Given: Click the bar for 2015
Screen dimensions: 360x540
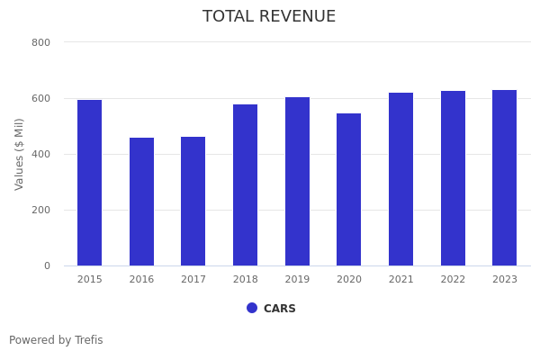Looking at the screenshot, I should pos(89,183).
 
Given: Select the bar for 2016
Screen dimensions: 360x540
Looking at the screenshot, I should pos(141,202).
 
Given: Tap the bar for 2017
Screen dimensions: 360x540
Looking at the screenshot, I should pos(193,201).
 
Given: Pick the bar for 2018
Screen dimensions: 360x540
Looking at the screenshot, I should pos(245,184).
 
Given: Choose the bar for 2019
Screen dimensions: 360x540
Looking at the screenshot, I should pos(297,181).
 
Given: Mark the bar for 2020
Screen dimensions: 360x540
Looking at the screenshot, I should pos(349,189).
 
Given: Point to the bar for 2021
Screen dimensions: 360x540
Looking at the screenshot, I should pos(400,179).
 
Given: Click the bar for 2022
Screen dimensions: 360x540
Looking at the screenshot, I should pos(453,178).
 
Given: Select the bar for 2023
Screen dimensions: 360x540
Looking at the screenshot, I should pos(505,177).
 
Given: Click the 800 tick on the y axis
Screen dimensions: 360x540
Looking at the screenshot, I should pos(40,42).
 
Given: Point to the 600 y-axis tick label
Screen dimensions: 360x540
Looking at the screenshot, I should pos(40,98).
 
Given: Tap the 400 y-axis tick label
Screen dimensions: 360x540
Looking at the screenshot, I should pos(40,154).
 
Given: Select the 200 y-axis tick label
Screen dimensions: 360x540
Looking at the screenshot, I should pos(40,210).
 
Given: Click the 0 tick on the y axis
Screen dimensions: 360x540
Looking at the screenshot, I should pos(46,265).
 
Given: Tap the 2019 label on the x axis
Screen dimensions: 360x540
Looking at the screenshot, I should pos(297,280).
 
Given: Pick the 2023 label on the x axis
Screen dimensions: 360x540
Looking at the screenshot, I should pos(505,280).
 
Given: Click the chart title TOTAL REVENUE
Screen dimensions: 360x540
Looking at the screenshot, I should pos(269,17).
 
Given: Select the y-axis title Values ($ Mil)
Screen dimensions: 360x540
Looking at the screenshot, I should pos(20,154).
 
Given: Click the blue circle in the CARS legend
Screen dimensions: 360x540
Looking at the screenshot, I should pos(252,308).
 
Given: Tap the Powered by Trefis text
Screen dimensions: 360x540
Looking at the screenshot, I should pos(56,340).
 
